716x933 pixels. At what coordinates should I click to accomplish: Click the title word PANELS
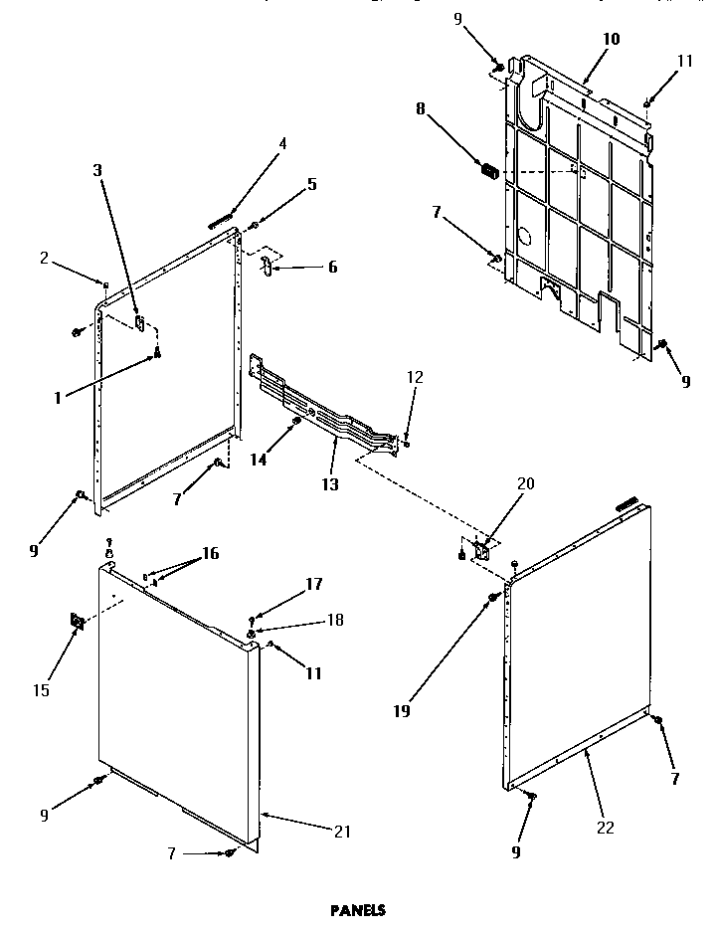[x=357, y=909]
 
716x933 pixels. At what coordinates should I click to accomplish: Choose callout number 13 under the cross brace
[x=329, y=484]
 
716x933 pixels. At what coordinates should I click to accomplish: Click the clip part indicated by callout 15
[x=76, y=622]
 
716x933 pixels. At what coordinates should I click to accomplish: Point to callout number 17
[x=313, y=585]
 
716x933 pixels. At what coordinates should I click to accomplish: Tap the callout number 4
[x=282, y=143]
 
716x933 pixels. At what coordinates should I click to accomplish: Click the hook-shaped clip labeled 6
[x=267, y=266]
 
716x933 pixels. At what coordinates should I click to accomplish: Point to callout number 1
[x=58, y=397]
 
